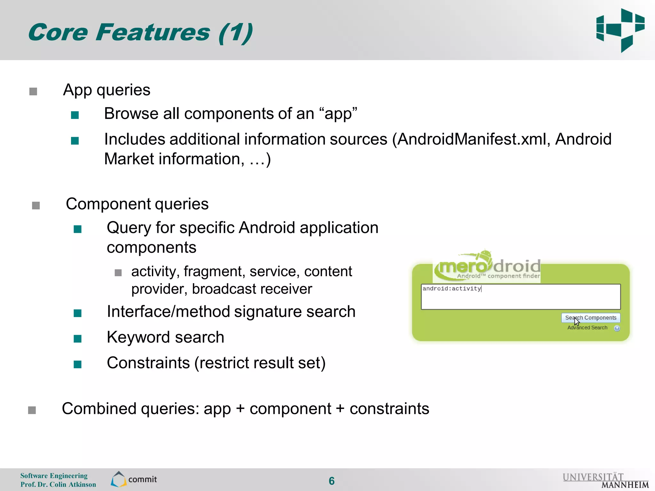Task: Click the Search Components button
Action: coord(590,318)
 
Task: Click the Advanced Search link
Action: coord(587,328)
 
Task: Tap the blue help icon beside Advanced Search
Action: coord(617,328)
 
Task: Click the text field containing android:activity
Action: coord(520,297)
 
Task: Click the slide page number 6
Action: coord(332,481)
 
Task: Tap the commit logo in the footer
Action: coord(134,479)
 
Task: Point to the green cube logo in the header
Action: coord(620,30)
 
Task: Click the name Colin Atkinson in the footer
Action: coord(73,485)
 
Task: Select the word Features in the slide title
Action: coord(153,33)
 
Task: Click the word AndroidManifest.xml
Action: coord(472,139)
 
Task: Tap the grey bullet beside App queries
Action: coord(33,92)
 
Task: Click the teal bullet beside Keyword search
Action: coord(77,339)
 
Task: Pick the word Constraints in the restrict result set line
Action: coord(148,363)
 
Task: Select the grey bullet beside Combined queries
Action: coord(32,410)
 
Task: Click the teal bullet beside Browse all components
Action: coord(75,115)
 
